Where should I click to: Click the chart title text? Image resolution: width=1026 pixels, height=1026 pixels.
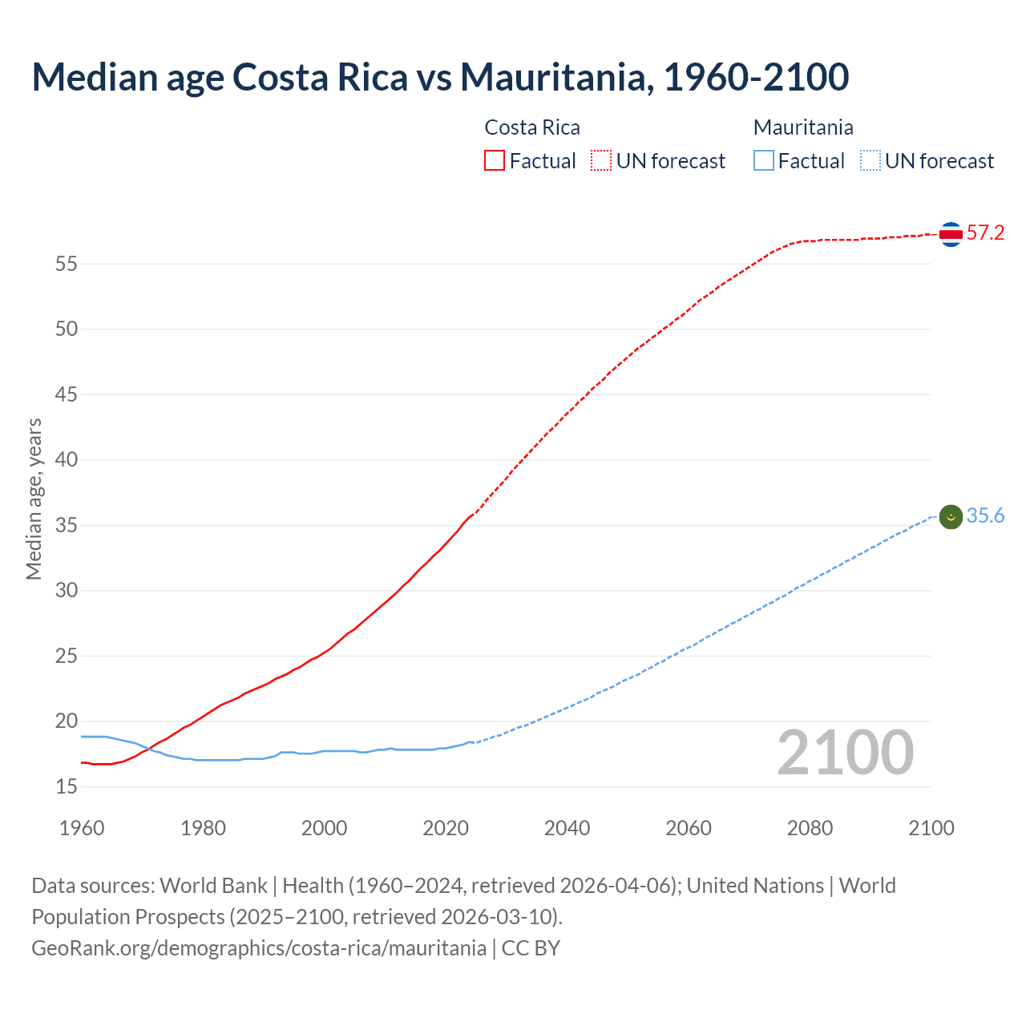point(440,77)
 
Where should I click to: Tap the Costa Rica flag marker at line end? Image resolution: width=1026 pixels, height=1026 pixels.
point(951,234)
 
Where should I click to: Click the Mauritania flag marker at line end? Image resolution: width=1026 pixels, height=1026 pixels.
point(951,517)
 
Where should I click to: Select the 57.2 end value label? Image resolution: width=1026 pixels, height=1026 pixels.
point(985,233)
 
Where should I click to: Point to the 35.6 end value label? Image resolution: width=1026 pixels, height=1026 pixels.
point(985,516)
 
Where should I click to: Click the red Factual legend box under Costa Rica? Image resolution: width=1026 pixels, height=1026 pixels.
point(495,161)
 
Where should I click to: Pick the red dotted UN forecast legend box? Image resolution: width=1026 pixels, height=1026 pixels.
point(601,161)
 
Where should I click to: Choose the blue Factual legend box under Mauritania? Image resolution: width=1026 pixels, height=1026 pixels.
point(764,161)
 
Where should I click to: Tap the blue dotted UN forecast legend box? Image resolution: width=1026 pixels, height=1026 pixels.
point(870,161)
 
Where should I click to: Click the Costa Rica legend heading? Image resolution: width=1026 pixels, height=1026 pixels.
point(532,127)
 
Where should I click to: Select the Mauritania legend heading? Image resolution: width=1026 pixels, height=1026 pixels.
point(803,127)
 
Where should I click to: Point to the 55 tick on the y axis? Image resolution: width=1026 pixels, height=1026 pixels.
point(67,264)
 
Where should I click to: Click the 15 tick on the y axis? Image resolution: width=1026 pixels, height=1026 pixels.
point(67,787)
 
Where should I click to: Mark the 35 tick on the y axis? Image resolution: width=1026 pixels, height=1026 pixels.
point(67,526)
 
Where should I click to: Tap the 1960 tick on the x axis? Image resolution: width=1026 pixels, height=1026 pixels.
point(82,828)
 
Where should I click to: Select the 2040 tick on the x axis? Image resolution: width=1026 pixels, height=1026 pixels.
point(567,828)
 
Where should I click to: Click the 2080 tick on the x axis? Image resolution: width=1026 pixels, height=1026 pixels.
point(810,828)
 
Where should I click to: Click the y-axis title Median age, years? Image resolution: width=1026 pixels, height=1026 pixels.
point(34,499)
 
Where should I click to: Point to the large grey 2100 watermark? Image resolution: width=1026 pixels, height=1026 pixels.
point(846,753)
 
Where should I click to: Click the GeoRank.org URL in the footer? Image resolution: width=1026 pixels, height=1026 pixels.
point(259,948)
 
